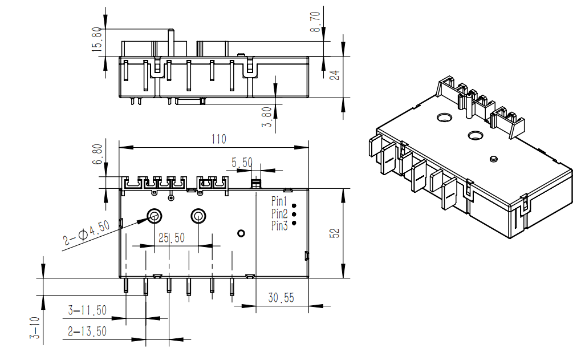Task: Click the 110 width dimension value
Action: [x=218, y=139]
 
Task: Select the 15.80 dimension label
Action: [x=97, y=39]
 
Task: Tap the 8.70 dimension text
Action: [x=315, y=22]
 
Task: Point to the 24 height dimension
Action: [x=335, y=75]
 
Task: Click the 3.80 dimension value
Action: [x=267, y=117]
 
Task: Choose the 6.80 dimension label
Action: [x=97, y=155]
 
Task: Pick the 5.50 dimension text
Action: [x=242, y=163]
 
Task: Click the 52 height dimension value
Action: [x=335, y=233]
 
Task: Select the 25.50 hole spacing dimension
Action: [x=172, y=238]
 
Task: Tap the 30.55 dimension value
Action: [x=281, y=297]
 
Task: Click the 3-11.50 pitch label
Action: [x=87, y=310]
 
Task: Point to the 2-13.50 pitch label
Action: [x=87, y=331]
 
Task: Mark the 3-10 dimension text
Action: [x=34, y=327]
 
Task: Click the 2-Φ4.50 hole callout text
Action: [x=87, y=233]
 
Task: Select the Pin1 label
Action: [x=279, y=201]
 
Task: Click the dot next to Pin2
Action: [x=294, y=215]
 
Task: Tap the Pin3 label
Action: [x=279, y=226]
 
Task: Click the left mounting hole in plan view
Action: [x=154, y=216]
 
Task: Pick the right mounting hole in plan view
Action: [x=198, y=216]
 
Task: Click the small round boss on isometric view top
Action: [x=493, y=159]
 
